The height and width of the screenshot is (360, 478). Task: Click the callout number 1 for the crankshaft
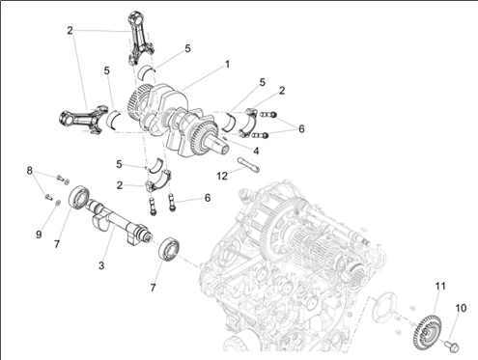click(227, 65)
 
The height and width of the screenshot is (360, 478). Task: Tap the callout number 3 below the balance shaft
click(101, 265)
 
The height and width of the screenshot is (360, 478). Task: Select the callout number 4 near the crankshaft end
click(256, 151)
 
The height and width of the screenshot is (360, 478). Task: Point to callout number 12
click(222, 176)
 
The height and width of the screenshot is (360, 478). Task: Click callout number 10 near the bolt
click(461, 308)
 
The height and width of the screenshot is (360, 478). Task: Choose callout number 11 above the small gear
click(440, 286)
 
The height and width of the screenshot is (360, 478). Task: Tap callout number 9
click(39, 235)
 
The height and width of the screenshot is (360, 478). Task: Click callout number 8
click(30, 170)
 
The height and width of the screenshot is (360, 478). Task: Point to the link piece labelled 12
click(248, 165)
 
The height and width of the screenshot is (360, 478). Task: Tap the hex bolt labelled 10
click(452, 346)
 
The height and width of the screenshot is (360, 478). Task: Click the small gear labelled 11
click(427, 331)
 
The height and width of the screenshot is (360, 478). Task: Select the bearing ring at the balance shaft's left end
click(79, 199)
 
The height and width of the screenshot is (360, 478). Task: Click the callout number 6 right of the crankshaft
click(301, 128)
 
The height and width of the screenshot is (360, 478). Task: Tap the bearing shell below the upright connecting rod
click(146, 72)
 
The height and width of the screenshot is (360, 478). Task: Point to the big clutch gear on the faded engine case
click(288, 227)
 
